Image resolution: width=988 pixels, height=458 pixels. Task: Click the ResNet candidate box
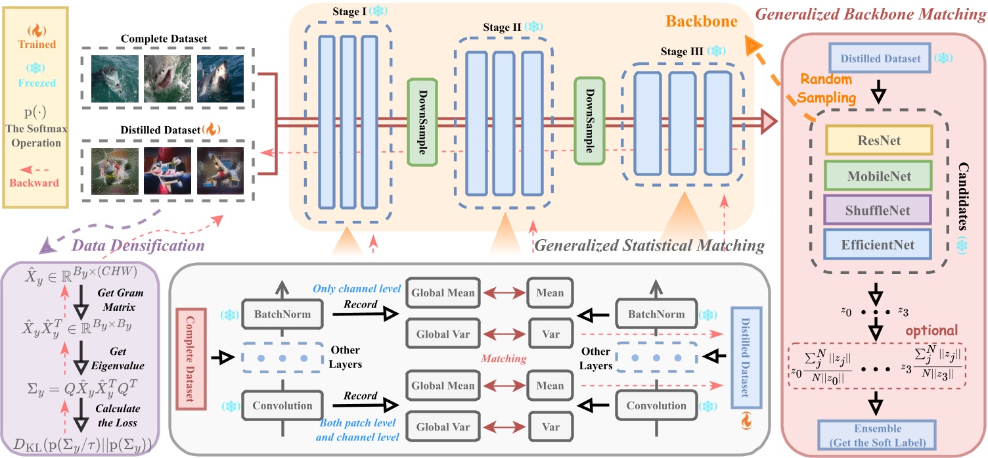tap(879, 141)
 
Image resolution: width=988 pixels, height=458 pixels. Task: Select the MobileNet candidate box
tap(879, 175)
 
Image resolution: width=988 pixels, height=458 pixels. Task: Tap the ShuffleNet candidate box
tap(879, 210)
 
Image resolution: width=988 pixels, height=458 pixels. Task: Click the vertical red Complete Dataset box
tap(190, 357)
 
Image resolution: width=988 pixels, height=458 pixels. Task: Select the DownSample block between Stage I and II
tap(422, 122)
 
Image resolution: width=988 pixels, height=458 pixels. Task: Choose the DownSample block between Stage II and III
tap(589, 120)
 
